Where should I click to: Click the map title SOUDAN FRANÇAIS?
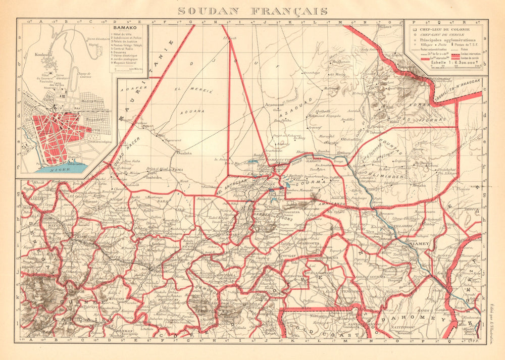pos(252,11)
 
